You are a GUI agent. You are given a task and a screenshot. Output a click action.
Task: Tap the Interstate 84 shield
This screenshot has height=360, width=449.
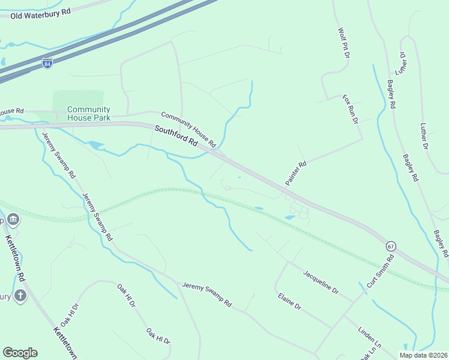[47, 62]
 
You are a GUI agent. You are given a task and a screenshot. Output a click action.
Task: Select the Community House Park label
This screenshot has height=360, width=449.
[88, 113]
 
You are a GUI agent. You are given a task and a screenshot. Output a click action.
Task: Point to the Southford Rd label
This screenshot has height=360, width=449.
[176, 137]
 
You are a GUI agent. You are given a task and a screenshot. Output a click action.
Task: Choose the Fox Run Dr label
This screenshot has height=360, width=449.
[350, 109]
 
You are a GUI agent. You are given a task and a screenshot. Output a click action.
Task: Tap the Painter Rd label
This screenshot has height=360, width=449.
[295, 173]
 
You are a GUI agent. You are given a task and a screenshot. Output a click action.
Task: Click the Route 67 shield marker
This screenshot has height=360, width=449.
[391, 246]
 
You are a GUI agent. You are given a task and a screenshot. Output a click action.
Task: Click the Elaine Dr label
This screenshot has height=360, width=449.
[289, 301]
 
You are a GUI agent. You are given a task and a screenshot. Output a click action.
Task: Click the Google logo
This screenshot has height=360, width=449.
[20, 353]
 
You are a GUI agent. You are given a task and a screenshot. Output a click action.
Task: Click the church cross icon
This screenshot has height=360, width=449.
[20, 296]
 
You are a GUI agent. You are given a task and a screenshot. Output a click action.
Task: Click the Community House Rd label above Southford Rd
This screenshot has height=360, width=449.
[188, 129]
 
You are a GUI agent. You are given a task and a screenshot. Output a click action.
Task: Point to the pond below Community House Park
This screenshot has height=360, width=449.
[95, 145]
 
